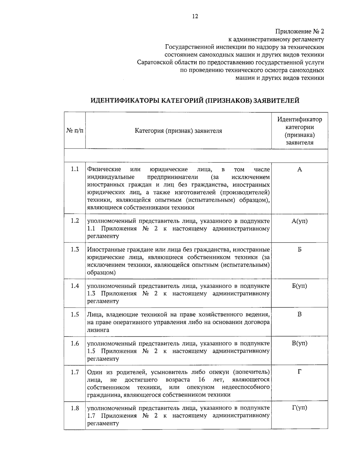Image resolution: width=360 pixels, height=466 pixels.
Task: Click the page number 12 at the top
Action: pyautogui.click(x=195, y=17)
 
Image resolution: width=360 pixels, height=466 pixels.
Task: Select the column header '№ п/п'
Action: pyautogui.click(x=75, y=131)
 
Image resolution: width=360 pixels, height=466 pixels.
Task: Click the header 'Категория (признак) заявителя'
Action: pyautogui.click(x=178, y=131)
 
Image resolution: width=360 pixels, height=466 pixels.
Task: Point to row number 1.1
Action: pyautogui.click(x=75, y=169)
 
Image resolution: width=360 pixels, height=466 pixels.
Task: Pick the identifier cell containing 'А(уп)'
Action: pyautogui.click(x=299, y=221)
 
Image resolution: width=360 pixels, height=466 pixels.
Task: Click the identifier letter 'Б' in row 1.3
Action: pyautogui.click(x=299, y=250)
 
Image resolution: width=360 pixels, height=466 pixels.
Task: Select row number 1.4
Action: pyautogui.click(x=75, y=286)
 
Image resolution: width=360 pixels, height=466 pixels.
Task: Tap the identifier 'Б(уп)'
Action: pyautogui.click(x=299, y=286)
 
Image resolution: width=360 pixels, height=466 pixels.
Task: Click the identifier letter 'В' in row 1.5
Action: pyautogui.click(x=299, y=314)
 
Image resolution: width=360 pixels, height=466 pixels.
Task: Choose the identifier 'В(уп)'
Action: pyautogui.click(x=299, y=343)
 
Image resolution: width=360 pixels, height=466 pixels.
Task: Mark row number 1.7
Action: pyautogui.click(x=75, y=372)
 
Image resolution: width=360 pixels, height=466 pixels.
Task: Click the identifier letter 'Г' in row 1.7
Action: pyautogui.click(x=299, y=372)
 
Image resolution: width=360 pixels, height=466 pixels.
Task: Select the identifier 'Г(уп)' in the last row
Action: pyautogui.click(x=299, y=408)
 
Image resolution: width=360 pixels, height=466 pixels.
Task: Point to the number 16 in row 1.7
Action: pyautogui.click(x=202, y=380)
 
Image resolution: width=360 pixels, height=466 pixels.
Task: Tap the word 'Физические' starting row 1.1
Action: pyautogui.click(x=104, y=170)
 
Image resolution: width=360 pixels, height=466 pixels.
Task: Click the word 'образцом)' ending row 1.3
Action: pyautogui.click(x=101, y=273)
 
